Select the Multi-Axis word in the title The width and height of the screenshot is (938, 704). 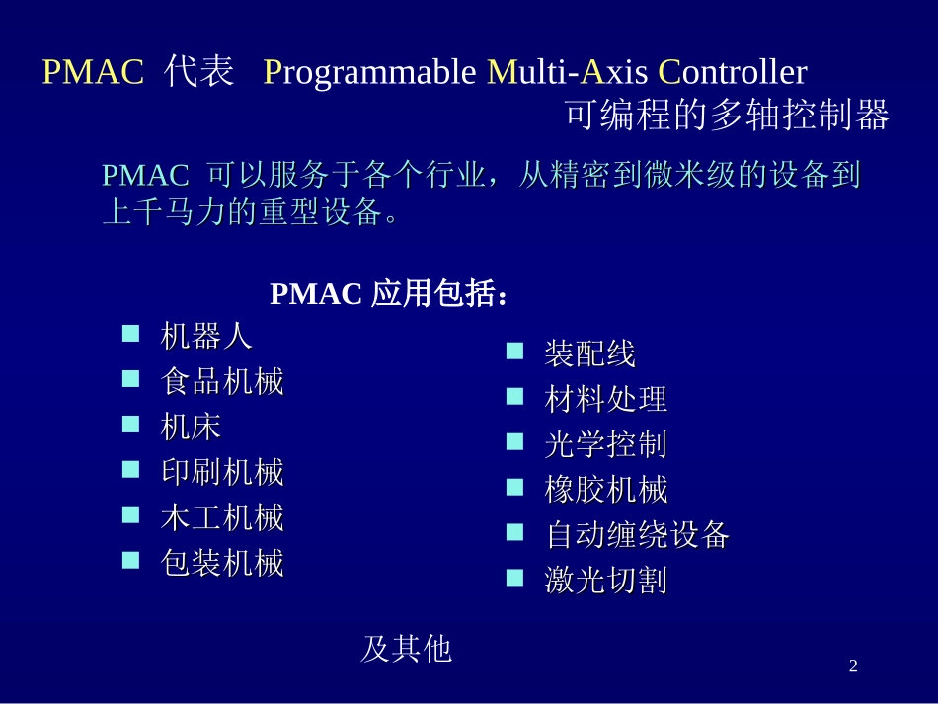pos(569,73)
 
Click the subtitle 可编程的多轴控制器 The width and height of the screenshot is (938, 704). pos(727,117)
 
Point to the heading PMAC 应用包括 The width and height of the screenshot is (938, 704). pos(390,294)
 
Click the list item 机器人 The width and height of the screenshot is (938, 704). pos(206,337)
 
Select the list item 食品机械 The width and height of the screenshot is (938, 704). pos(222,382)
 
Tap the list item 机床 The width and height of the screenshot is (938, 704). pos(191,427)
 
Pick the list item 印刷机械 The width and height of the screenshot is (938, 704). pos(222,472)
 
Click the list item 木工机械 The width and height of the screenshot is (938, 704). pos(222,517)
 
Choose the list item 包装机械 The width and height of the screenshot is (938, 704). pos(222,563)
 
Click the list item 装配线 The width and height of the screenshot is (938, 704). pos(589,353)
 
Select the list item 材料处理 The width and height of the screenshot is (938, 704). pos(605,399)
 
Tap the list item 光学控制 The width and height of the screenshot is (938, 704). pos(605,444)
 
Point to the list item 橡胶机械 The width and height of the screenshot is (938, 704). pos(605,490)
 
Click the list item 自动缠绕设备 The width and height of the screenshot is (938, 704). pos(637,535)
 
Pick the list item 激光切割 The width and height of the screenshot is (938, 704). pos(605,581)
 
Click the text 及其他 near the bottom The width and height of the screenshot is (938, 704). pos(406,649)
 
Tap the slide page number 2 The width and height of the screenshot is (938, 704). pos(853,667)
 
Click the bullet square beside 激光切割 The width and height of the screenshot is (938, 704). pos(514,578)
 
